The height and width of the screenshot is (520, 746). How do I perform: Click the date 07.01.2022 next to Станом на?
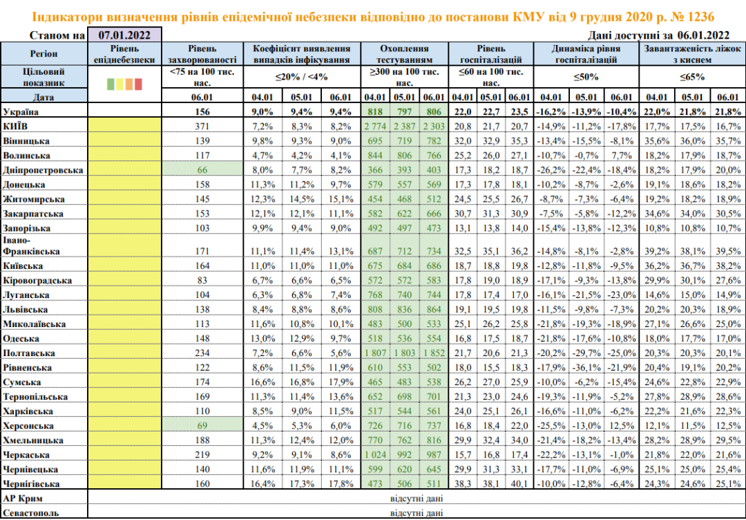coord(124,34)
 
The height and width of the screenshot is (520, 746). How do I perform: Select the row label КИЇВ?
coord(15,124)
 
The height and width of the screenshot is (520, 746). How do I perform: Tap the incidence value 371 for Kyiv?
coord(203,124)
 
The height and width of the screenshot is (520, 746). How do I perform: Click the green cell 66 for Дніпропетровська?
coord(203,169)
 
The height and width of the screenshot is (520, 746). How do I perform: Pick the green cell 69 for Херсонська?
coord(203,425)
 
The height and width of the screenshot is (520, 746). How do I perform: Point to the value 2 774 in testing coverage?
coord(375,124)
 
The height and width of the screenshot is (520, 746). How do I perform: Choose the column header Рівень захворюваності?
coord(203,55)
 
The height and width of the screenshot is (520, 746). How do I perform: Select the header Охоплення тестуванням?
coord(404,55)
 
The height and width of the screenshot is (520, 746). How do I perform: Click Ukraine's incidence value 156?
coord(203,111)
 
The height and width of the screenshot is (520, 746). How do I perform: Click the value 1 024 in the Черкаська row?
coord(375,455)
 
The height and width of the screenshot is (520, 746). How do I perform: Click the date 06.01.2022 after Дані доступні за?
coord(703,35)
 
